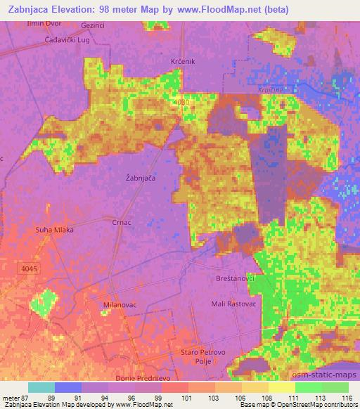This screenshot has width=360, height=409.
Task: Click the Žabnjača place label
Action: click(140, 178)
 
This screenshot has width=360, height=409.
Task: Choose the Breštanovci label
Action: click(234, 279)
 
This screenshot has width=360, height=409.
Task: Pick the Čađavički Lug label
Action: click(48, 41)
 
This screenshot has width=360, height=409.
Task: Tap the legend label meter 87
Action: click(14, 398)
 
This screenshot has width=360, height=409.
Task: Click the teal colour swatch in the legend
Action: click(41, 387)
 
